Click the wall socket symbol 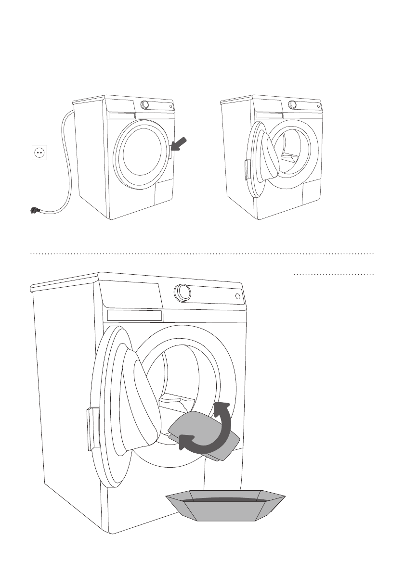tap(39, 153)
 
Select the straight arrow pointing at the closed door tap(179, 144)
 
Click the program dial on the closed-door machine tap(144, 105)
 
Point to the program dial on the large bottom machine tap(182, 292)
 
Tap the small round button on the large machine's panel tap(238, 296)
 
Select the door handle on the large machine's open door tap(92, 428)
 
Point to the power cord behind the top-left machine tap(65, 159)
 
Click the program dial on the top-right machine tap(292, 105)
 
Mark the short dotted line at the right tap(334, 275)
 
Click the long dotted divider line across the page tap(202, 253)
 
